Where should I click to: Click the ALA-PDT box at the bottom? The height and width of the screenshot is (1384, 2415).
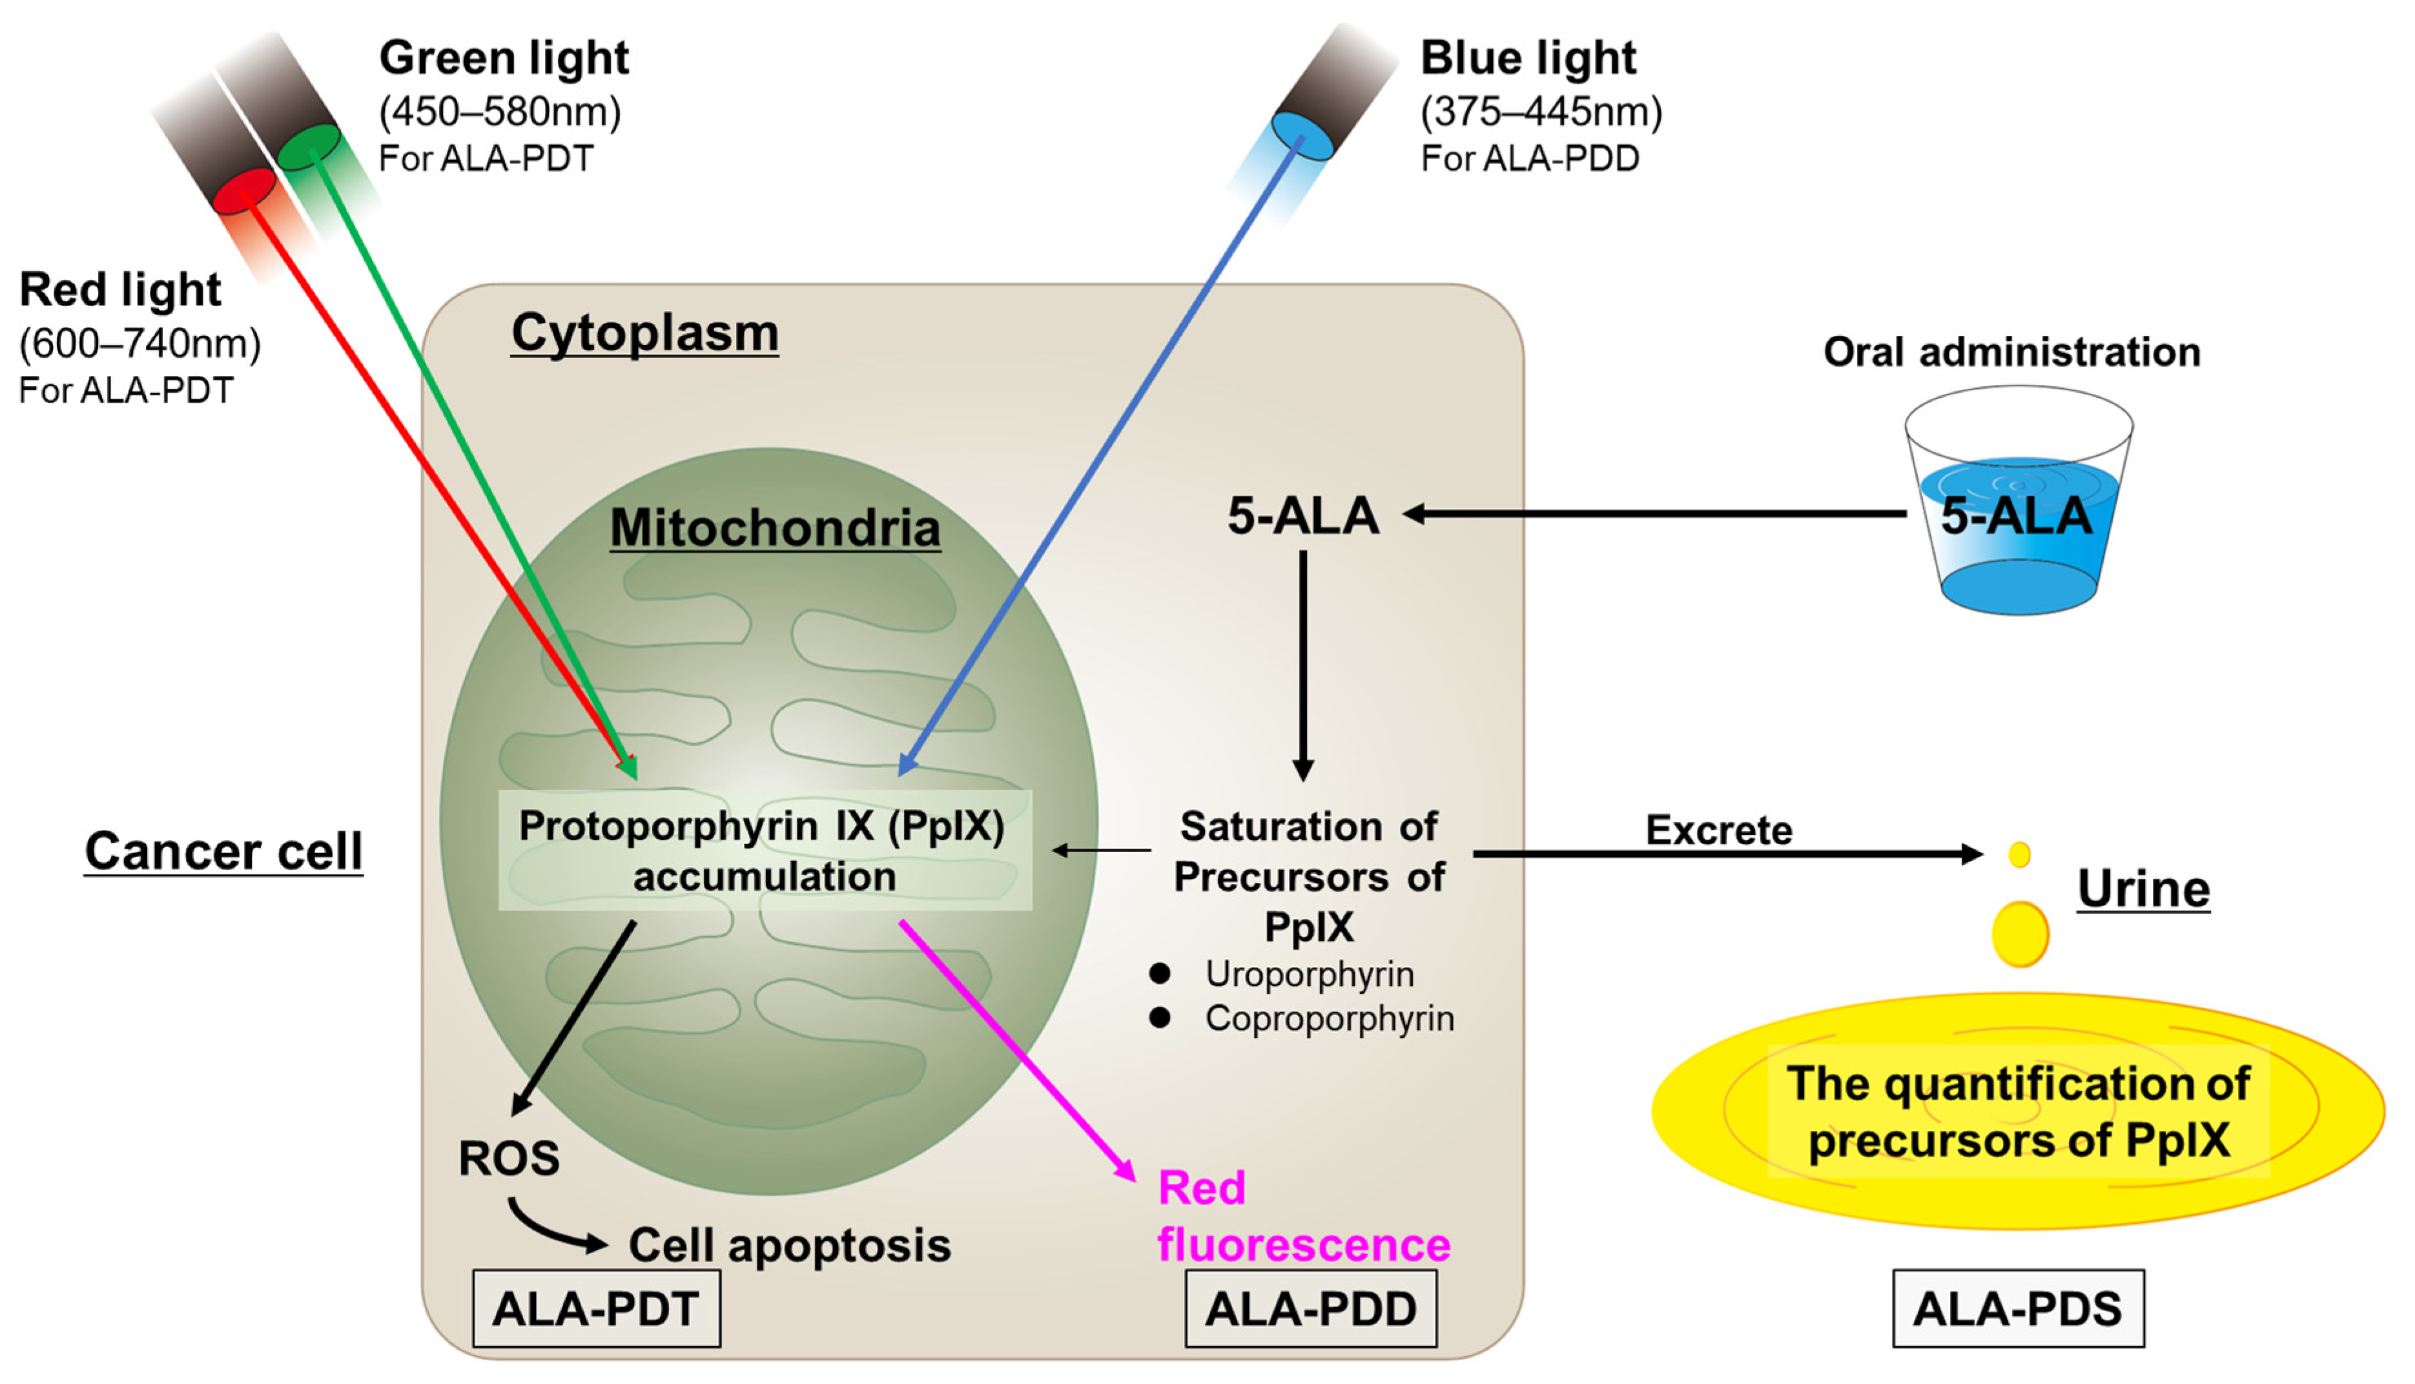tap(596, 1309)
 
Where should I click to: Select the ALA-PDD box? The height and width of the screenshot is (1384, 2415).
tap(1311, 1309)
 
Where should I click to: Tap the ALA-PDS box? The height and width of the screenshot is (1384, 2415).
tap(2018, 1309)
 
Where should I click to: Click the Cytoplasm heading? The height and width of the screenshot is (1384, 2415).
tap(644, 334)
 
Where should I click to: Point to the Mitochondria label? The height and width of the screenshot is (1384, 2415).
tap(775, 528)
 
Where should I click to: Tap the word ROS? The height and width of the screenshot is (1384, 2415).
tap(508, 1158)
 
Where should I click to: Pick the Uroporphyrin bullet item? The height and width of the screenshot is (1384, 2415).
tap(1309, 975)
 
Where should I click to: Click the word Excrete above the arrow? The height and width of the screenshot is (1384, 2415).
tap(1718, 830)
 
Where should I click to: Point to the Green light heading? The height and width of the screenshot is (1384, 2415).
tap(504, 58)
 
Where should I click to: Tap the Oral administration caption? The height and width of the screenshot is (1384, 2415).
tap(2011, 353)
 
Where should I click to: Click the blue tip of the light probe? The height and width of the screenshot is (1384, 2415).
tap(1301, 136)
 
